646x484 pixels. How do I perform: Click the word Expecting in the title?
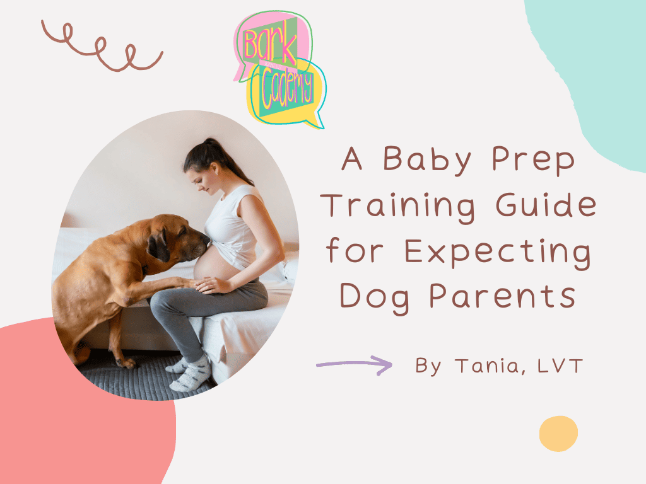pyautogui.click(x=498, y=252)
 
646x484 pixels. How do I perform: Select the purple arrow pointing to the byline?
pyautogui.click(x=355, y=364)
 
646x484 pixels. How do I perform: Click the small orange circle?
pyautogui.click(x=558, y=434)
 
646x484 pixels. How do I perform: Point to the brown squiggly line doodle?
pyautogui.click(x=101, y=45)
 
